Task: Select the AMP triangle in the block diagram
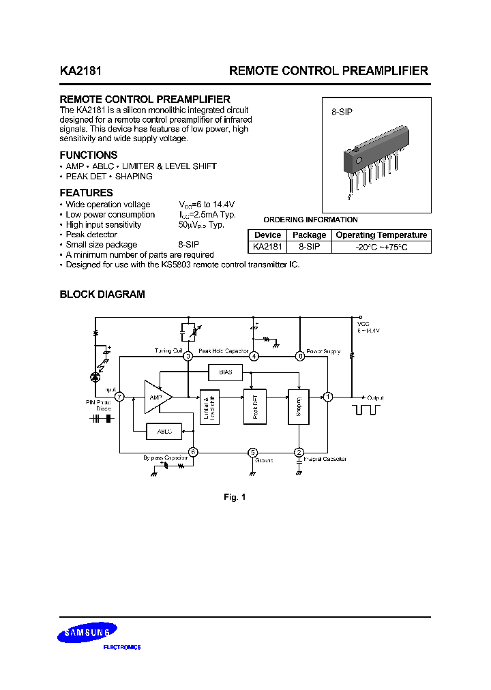click(157, 397)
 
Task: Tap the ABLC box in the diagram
click(164, 432)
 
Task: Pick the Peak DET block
click(252, 407)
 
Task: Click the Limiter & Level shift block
click(209, 407)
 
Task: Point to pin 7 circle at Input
click(120, 397)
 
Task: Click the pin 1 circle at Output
click(328, 397)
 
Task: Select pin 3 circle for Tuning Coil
click(188, 356)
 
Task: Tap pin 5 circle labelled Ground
click(253, 452)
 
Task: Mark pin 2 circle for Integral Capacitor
click(299, 452)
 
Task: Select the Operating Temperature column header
click(381, 235)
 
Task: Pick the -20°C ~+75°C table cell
click(381, 247)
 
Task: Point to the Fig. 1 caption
click(235, 497)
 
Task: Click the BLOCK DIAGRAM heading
click(102, 295)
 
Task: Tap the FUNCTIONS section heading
click(89, 155)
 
